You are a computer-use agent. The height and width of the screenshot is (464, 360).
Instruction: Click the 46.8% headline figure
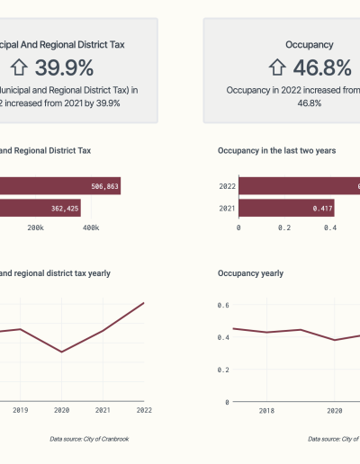[322, 67]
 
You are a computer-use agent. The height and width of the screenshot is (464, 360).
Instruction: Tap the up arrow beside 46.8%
[277, 67]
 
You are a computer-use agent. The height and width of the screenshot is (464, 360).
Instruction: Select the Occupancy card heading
[310, 43]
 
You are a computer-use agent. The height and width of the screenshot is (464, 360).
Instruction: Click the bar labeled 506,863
[59, 186]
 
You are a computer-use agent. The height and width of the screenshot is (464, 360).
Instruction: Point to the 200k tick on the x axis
[36, 228]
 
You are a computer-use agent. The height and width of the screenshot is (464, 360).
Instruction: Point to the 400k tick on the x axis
[90, 228]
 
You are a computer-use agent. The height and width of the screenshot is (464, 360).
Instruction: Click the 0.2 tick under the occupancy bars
[284, 228]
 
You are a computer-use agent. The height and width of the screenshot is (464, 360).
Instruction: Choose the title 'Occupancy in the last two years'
[277, 151]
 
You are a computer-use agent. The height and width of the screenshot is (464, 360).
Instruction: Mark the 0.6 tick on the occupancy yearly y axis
[223, 305]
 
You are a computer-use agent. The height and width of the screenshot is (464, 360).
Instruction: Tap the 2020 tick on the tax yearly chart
[61, 410]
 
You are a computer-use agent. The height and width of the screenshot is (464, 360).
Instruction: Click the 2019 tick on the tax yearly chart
[20, 410]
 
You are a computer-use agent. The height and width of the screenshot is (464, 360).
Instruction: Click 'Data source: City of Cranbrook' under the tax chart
[89, 438]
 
